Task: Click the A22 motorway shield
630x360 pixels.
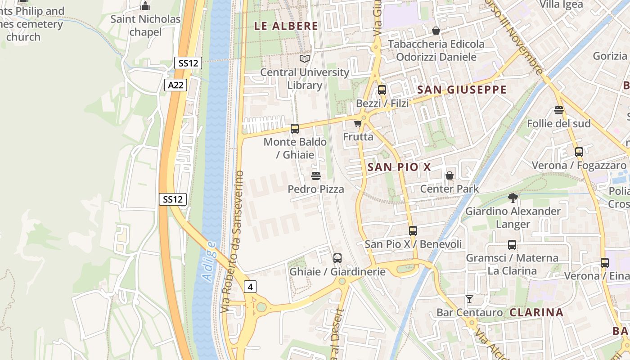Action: pyautogui.click(x=175, y=85)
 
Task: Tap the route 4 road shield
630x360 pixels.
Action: pyautogui.click(x=251, y=286)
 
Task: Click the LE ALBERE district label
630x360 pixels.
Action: pyautogui.click(x=286, y=26)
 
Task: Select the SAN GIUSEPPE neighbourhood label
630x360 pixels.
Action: pyautogui.click(x=462, y=90)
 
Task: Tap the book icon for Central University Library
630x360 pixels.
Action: pyautogui.click(x=305, y=59)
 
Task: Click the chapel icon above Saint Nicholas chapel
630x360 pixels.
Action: pyautogui.click(x=145, y=6)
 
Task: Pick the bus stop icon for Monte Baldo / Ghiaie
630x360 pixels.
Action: pyautogui.click(x=295, y=129)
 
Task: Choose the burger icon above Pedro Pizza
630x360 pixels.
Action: pyautogui.click(x=316, y=176)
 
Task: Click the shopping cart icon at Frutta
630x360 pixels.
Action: pyautogui.click(x=358, y=123)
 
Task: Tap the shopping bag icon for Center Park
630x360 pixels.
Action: pyautogui.click(x=449, y=175)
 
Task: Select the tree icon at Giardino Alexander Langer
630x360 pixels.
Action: pyautogui.click(x=513, y=198)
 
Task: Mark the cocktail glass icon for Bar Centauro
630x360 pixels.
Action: pyautogui.click(x=469, y=299)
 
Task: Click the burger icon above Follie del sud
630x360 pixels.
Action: pyautogui.click(x=559, y=110)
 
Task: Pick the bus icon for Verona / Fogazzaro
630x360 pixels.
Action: pyautogui.click(x=579, y=152)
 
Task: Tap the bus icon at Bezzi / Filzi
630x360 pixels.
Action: pyautogui.click(x=382, y=90)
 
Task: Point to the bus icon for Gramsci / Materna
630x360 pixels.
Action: pyautogui.click(x=512, y=245)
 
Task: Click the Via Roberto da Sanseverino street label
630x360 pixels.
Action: pyautogui.click(x=232, y=242)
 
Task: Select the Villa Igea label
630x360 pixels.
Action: pyautogui.click(x=561, y=4)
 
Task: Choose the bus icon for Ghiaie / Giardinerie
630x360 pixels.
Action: pyautogui.click(x=337, y=258)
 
